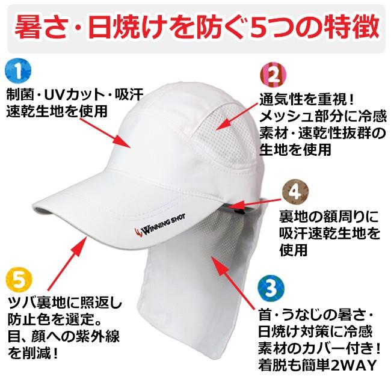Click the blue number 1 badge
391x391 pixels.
[18, 72]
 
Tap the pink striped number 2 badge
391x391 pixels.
[273, 75]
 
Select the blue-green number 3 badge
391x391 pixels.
[271, 288]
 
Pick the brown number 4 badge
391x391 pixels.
[295, 192]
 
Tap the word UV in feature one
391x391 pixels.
[54, 95]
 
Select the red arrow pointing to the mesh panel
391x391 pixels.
[236, 117]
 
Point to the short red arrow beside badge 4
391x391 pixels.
[253, 203]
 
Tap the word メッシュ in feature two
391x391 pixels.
[283, 117]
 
